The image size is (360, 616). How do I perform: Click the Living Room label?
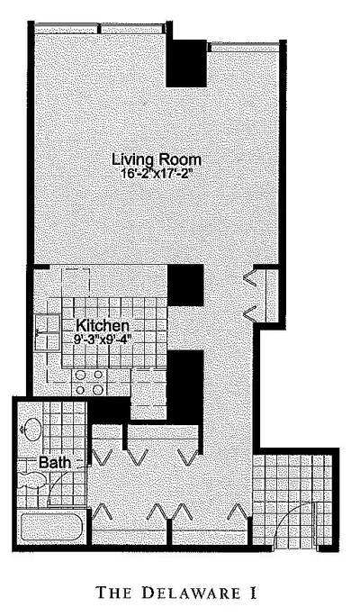[x=157, y=159]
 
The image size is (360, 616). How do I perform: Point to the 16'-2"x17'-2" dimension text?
[x=157, y=174]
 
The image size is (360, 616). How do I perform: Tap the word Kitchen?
[x=102, y=326]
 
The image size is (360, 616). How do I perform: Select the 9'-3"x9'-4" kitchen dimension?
[x=103, y=339]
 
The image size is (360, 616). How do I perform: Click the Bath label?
[x=55, y=462]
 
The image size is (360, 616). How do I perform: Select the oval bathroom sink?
[x=33, y=430]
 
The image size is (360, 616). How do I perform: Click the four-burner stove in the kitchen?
[x=89, y=382]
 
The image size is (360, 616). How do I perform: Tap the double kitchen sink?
[x=47, y=332]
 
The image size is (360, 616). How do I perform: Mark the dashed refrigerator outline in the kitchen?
[x=76, y=281]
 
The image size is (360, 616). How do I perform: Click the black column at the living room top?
[x=186, y=63]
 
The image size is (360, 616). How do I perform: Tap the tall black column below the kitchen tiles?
[x=185, y=387]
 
